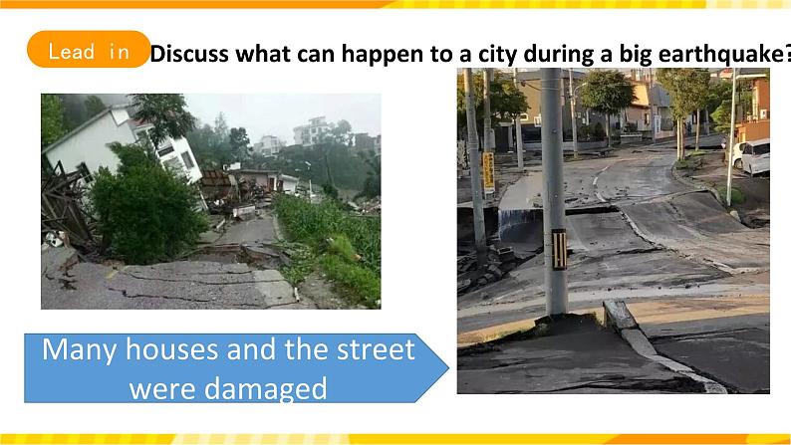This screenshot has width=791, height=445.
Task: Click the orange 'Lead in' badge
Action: pyautogui.click(x=89, y=50)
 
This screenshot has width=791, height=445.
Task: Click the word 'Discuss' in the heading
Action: pyautogui.click(x=189, y=54)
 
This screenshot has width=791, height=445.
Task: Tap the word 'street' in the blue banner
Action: pyautogui.click(x=376, y=349)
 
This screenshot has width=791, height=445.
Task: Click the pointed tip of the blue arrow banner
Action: pyautogui.click(x=448, y=368)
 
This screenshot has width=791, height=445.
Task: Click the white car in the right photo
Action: pyautogui.click(x=751, y=156)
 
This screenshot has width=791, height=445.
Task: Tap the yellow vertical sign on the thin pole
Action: pyautogui.click(x=488, y=171)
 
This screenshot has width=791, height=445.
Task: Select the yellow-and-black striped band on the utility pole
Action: pyautogui.click(x=559, y=249)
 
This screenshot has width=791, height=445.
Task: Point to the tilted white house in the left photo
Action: pyautogui.click(x=126, y=142)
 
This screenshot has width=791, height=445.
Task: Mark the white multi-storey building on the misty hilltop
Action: pyautogui.click(x=310, y=131)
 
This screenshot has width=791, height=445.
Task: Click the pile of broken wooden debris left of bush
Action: pyautogui.click(x=66, y=207)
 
